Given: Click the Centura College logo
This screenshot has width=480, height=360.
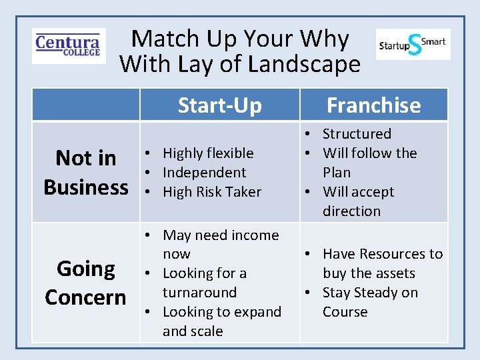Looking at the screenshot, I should pyautogui.click(x=69, y=45).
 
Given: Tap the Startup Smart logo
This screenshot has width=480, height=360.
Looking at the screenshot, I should pyautogui.click(x=413, y=44).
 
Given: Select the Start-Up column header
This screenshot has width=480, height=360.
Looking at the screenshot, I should pyautogui.click(x=219, y=105).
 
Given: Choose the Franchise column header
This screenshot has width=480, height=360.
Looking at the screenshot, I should pyautogui.click(x=373, y=105).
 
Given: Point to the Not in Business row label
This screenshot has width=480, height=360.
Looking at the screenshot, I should pyautogui.click(x=85, y=172).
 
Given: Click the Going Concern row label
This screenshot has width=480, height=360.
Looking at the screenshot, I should pyautogui.click(x=85, y=283).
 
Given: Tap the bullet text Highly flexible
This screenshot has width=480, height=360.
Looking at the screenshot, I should pyautogui.click(x=208, y=153).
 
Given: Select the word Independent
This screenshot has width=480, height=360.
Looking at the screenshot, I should pyautogui.click(x=205, y=173).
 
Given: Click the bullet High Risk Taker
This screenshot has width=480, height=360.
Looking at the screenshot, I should pyautogui.click(x=212, y=192).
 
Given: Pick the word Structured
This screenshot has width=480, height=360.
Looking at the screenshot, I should pyautogui.click(x=357, y=134).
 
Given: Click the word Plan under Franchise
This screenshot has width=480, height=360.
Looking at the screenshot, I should pyautogui.click(x=337, y=173).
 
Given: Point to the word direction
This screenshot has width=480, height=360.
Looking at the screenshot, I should pyautogui.click(x=351, y=211).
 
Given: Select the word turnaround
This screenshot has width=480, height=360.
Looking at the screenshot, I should pyautogui.click(x=199, y=293).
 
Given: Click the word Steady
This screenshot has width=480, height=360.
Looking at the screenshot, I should pyautogui.click(x=375, y=293).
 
